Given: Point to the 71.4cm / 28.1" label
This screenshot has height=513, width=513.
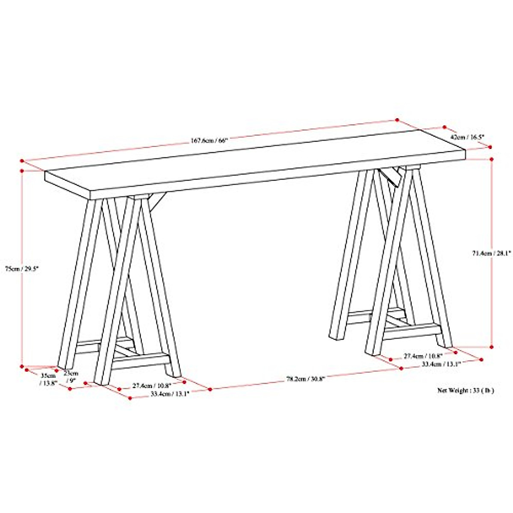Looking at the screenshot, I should (491, 253).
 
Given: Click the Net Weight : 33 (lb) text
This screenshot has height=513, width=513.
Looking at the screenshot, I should (465, 390).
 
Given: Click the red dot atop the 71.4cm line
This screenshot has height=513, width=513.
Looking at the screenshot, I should (492, 159).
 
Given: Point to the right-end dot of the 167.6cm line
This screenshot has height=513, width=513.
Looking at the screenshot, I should (397, 120).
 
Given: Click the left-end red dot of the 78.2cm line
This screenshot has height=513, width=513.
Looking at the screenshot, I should (210, 389).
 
